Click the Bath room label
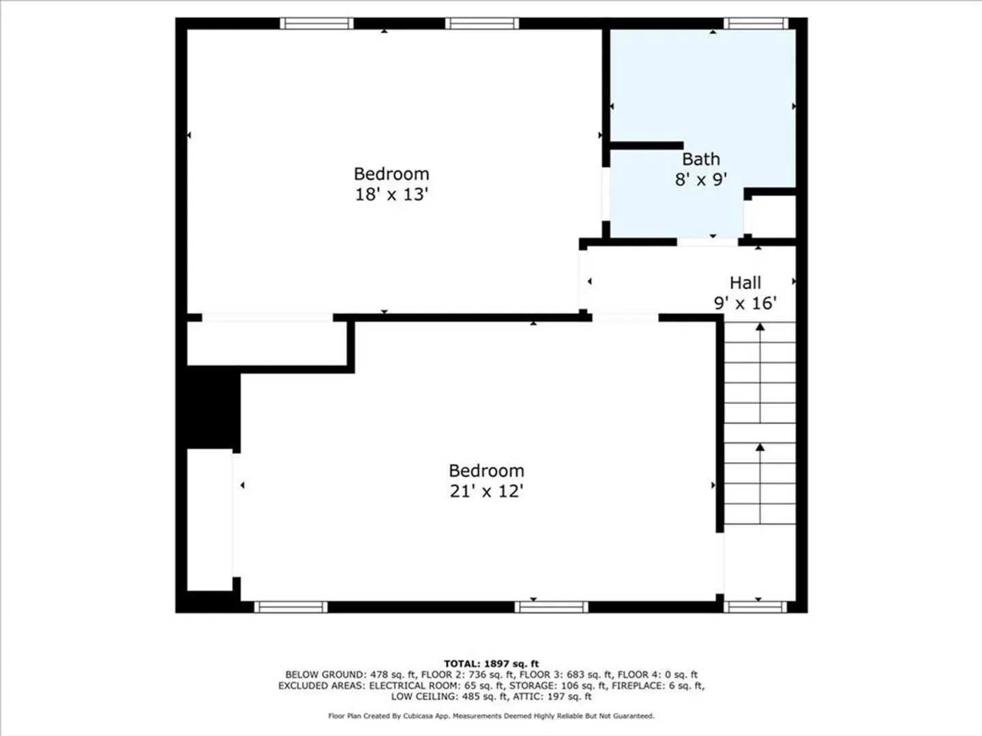coord(700,159)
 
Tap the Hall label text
coord(745,283)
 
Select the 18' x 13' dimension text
coord(391,194)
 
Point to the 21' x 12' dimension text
coord(486,491)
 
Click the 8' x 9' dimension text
coord(700,180)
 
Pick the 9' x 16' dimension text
coord(745,303)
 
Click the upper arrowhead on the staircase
coord(760,327)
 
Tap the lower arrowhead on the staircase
coord(760,447)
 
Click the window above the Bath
coord(756,24)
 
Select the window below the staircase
coord(755,607)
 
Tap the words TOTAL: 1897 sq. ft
coord(491,664)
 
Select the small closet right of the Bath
coord(773,217)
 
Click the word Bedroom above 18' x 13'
coord(391,174)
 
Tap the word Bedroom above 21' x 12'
coord(486,470)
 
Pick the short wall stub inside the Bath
coord(646,146)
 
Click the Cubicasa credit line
coord(491,716)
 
